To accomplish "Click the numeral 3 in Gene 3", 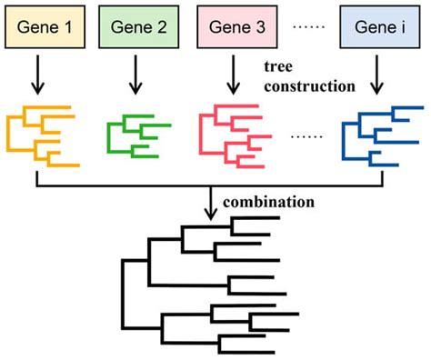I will point(261,25).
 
